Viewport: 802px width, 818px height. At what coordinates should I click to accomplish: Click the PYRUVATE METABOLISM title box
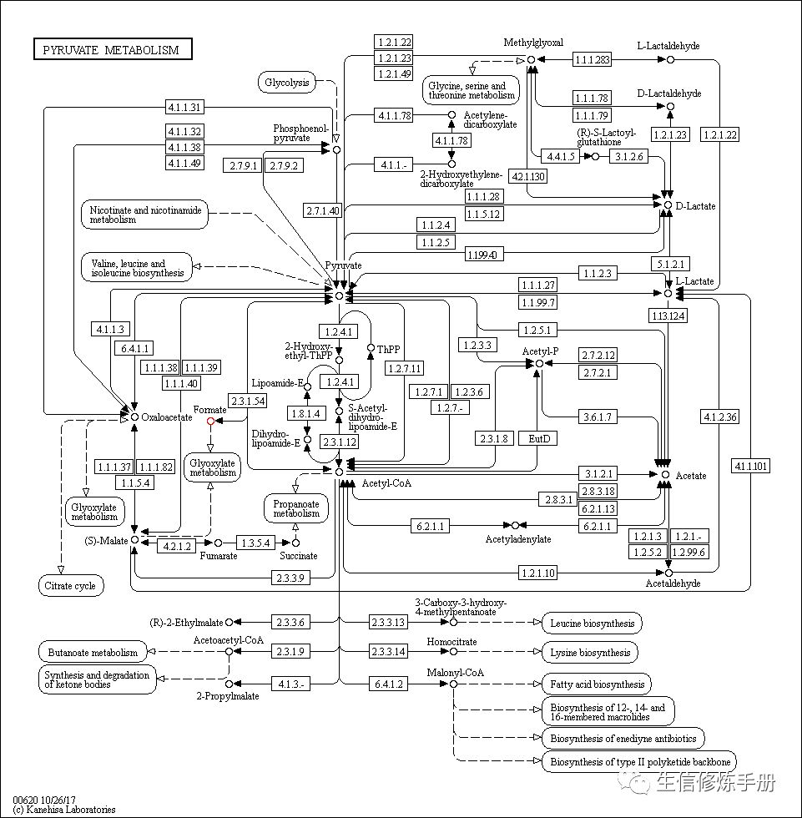point(112,50)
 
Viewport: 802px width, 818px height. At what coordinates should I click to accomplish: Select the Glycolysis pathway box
point(287,82)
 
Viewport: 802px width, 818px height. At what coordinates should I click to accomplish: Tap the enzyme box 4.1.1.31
point(185,107)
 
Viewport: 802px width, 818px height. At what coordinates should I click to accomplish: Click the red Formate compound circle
point(210,422)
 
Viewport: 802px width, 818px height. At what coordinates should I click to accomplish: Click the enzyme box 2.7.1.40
point(323,210)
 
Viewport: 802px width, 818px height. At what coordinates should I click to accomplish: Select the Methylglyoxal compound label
point(533,43)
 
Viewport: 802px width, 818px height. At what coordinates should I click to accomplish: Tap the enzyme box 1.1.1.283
point(592,59)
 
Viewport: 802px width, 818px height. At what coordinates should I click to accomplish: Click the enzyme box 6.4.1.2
point(388,684)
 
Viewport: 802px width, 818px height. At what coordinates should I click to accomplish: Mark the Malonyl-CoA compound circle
point(453,684)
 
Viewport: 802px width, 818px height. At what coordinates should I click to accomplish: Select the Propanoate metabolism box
point(296,507)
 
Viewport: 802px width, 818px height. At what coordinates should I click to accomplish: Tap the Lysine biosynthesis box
point(591,652)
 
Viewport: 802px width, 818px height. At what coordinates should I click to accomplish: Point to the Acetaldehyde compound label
point(673,583)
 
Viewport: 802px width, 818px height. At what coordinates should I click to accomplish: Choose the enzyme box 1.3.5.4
point(256,543)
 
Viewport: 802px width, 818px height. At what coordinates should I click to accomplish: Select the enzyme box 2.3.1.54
point(248,401)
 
